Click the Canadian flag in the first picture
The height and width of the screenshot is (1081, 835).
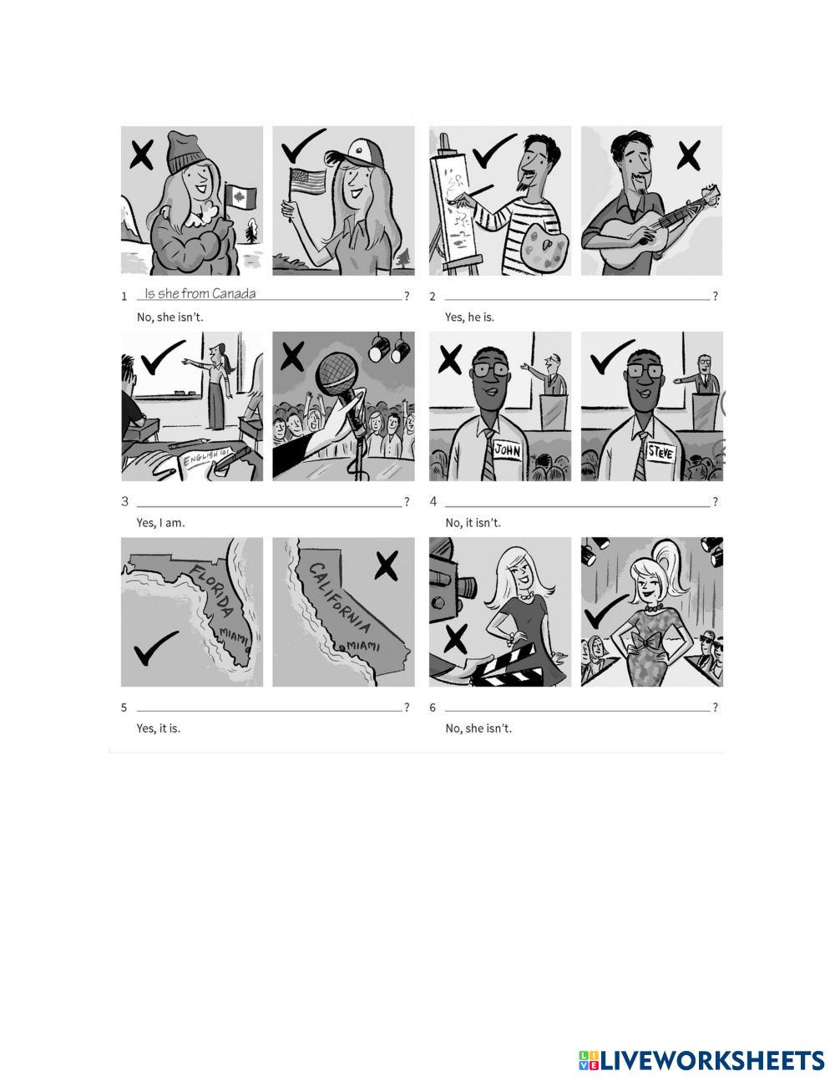[240, 198]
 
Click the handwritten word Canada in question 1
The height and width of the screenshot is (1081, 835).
[234, 293]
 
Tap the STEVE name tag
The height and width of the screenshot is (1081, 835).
[660, 451]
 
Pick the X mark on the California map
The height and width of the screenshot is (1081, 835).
[386, 566]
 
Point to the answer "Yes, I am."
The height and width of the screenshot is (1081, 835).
[160, 523]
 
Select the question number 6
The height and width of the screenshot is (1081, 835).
[433, 708]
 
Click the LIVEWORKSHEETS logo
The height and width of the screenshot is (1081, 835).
[701, 1061]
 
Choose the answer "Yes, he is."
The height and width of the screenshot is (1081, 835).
[469, 317]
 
